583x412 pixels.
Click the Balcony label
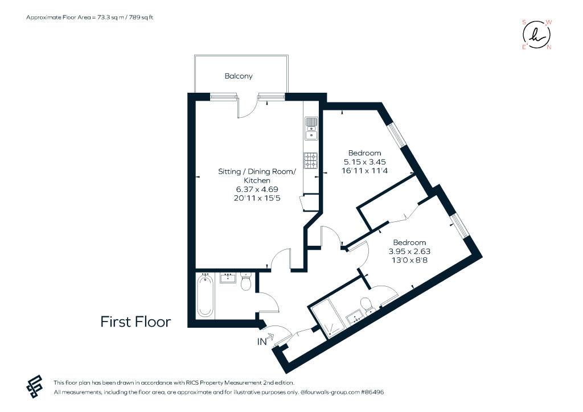pyautogui.click(x=239, y=76)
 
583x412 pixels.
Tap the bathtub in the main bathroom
pyautogui.click(x=205, y=296)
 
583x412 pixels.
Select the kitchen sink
pyautogui.click(x=311, y=129)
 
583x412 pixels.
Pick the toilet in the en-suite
pyautogui.click(x=368, y=306)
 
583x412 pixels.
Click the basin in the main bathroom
pyautogui.click(x=228, y=278)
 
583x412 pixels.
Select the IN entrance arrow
pyautogui.click(x=269, y=337)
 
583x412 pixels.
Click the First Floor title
pyautogui.click(x=136, y=322)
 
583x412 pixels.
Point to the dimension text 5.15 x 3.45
pyautogui.click(x=364, y=162)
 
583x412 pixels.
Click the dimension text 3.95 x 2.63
pyautogui.click(x=409, y=252)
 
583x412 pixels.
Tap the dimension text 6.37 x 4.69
pyautogui.click(x=257, y=189)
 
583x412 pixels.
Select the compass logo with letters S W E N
pyautogui.click(x=536, y=35)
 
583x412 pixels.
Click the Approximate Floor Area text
pyautogui.click(x=89, y=18)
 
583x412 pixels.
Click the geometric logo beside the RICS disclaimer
pyautogui.click(x=34, y=387)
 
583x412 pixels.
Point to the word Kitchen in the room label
pyautogui.click(x=257, y=180)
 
